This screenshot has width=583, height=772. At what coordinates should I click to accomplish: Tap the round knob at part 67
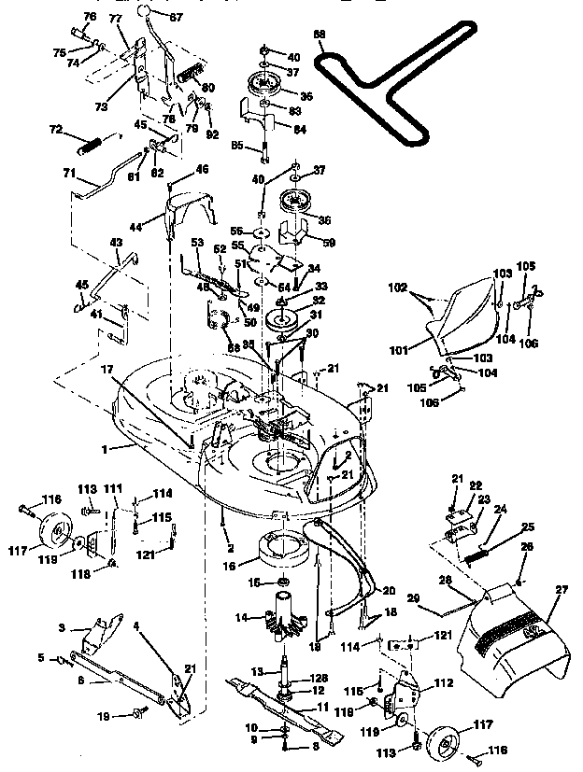[149, 11]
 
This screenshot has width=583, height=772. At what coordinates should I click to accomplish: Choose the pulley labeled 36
[300, 201]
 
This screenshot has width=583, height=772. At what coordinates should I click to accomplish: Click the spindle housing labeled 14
[283, 617]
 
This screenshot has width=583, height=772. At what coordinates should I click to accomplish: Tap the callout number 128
[319, 678]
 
